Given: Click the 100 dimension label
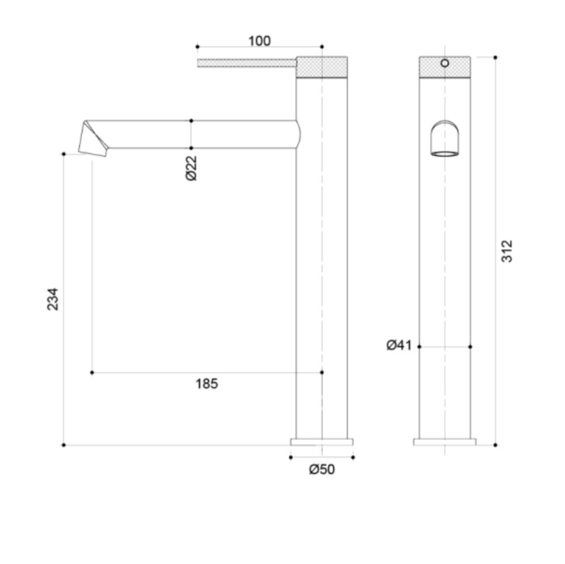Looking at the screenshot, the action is click(x=259, y=41).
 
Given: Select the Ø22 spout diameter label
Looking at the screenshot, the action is click(x=192, y=168).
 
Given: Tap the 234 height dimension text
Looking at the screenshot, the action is click(x=53, y=299).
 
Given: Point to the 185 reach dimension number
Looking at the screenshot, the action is click(x=207, y=384).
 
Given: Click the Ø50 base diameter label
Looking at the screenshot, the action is click(x=322, y=469).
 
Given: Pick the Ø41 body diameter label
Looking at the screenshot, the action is click(x=399, y=345).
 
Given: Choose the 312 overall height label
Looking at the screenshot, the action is click(x=507, y=251).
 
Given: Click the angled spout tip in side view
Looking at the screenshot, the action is click(x=94, y=139).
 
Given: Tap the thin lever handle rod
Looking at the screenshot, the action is click(x=247, y=63).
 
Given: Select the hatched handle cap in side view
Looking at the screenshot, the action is click(x=322, y=67).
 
